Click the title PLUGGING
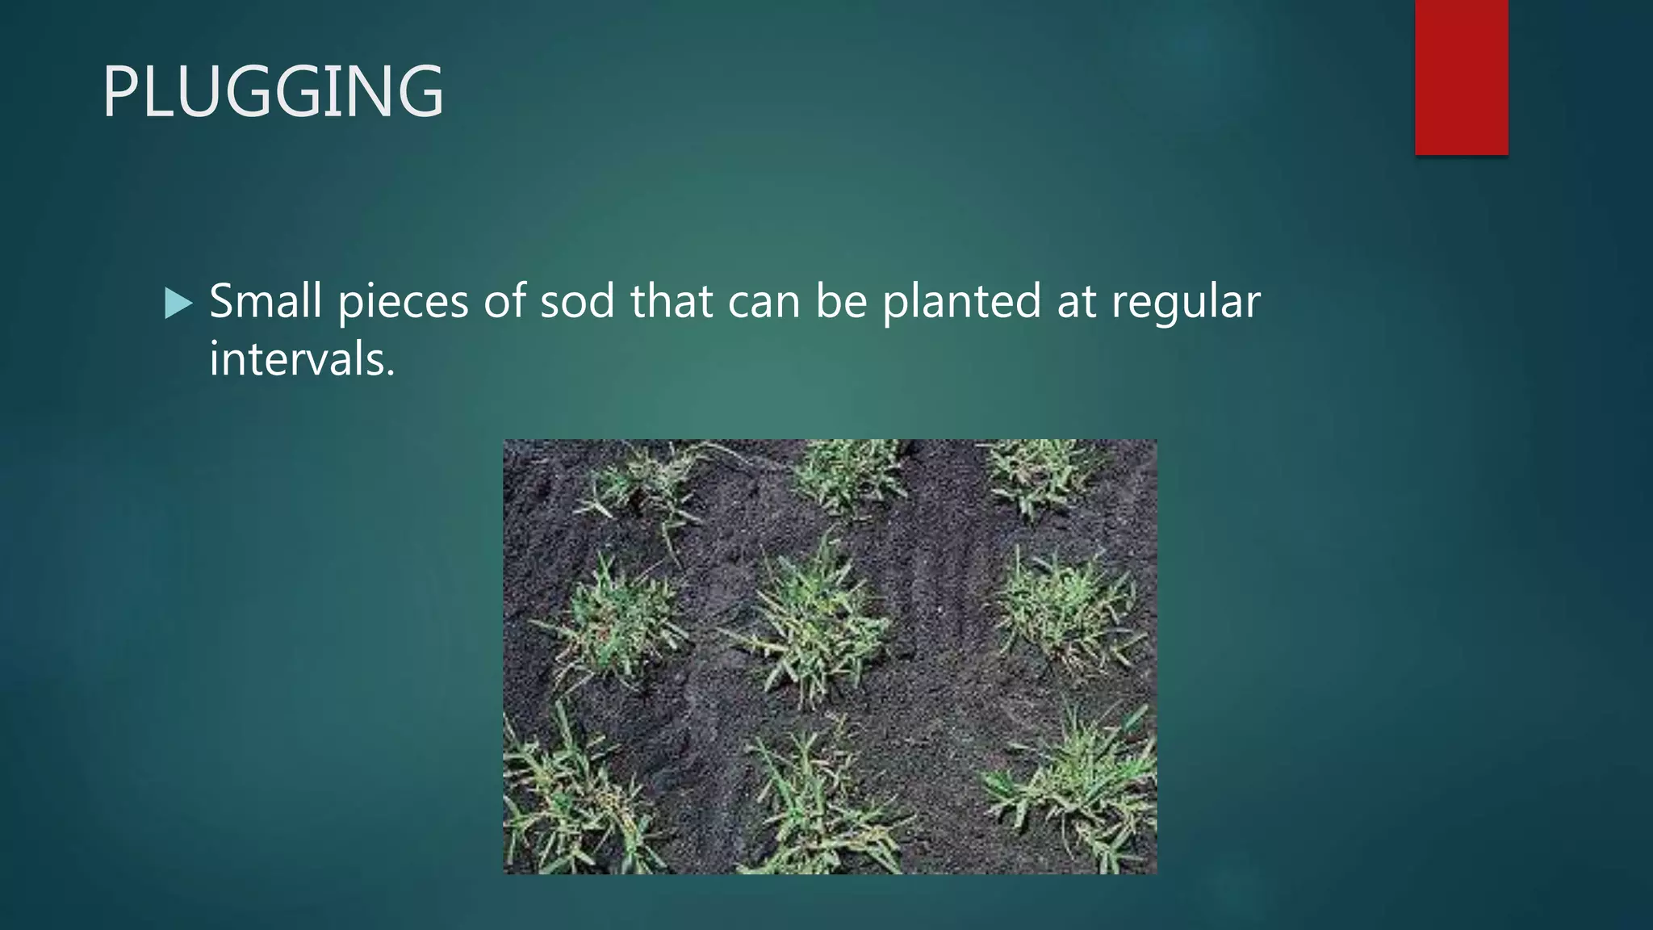tap(273, 91)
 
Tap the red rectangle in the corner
tap(1461, 77)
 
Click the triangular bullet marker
tap(178, 304)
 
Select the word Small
tap(266, 301)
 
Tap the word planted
tap(961, 301)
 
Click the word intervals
tap(302, 358)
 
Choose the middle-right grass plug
tap(1065, 610)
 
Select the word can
tap(764, 301)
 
